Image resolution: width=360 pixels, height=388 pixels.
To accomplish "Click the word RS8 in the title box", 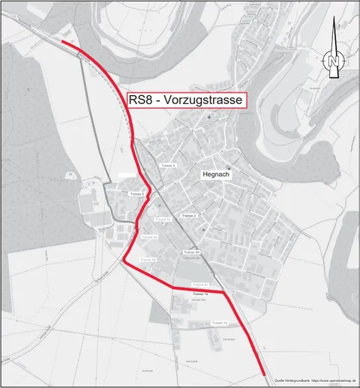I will [x=143, y=101].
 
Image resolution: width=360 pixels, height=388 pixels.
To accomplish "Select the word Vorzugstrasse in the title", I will [x=208, y=101].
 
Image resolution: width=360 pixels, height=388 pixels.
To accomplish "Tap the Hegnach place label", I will [x=215, y=175].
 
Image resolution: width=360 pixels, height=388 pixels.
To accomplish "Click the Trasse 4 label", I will [x=168, y=165].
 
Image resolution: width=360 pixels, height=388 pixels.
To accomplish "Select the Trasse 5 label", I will [x=136, y=194].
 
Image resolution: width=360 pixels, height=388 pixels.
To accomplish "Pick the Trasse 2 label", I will [x=189, y=216].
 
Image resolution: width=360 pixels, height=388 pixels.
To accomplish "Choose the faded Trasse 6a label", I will [x=163, y=219].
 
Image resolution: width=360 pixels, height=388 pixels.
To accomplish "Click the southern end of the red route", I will [x=265, y=374].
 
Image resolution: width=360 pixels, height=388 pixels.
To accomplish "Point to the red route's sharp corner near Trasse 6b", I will [x=124, y=261].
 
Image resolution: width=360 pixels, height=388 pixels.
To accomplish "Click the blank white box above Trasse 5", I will [x=130, y=175].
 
